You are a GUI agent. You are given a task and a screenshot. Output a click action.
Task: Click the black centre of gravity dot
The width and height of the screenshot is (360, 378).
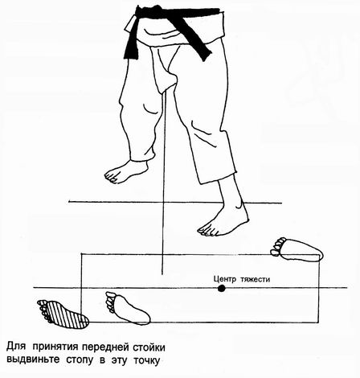[x=221, y=289]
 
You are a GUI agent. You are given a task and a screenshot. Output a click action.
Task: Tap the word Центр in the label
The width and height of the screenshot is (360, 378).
[x=225, y=279]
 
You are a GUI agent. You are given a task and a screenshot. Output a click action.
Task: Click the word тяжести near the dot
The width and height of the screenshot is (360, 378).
[x=255, y=279]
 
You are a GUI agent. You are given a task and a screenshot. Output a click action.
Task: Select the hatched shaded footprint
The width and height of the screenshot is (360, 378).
[x=63, y=314]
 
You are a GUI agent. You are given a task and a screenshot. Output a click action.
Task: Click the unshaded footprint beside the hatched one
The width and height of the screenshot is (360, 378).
[x=128, y=309]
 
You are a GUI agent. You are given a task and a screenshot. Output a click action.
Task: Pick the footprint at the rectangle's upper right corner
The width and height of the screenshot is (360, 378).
[x=297, y=249]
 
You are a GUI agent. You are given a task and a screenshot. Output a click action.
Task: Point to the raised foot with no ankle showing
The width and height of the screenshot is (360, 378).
[x=125, y=171]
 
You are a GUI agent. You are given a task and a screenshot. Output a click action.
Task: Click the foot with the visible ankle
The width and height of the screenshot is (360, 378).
[x=224, y=217]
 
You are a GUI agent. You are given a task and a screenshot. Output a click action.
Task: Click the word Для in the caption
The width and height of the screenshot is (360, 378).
[x=15, y=347]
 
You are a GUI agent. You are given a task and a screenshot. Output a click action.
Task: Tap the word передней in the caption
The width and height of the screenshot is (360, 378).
[x=105, y=347]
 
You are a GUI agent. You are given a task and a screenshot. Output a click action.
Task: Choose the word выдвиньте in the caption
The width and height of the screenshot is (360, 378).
[x=33, y=360]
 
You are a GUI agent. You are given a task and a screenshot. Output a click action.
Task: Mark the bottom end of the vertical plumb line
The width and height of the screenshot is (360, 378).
[x=162, y=274]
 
